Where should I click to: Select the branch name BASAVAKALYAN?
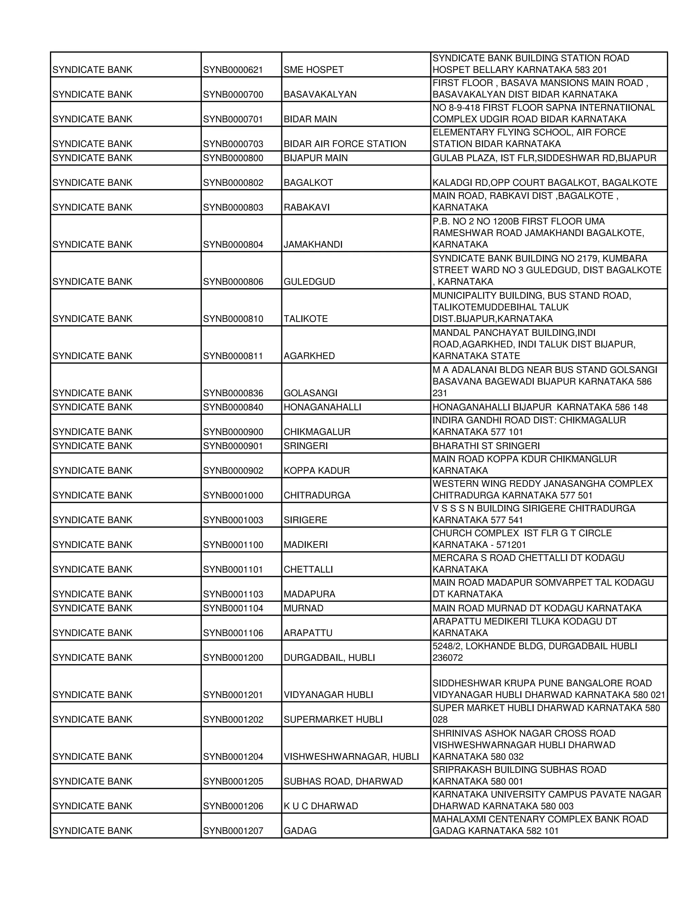[319, 95]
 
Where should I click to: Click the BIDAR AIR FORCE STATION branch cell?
[345, 144]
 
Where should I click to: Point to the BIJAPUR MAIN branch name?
[315, 158]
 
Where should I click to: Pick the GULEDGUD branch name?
[309, 282]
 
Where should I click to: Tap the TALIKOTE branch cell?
[306, 319]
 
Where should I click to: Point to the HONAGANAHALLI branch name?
[322, 407]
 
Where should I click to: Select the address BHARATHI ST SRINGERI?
[486, 446]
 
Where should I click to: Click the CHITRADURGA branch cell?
[317, 495]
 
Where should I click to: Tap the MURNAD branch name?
[303, 609]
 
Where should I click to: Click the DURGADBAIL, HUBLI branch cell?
[329, 658]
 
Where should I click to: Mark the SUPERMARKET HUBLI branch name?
[333, 720]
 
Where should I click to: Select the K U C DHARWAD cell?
[320, 806]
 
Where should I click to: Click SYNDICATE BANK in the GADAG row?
[92, 831]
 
